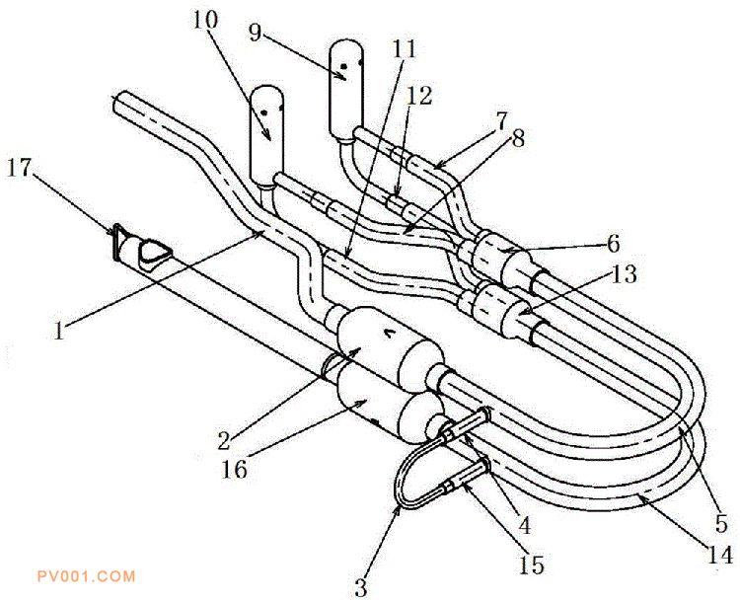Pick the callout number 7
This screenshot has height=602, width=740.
point(501,121)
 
